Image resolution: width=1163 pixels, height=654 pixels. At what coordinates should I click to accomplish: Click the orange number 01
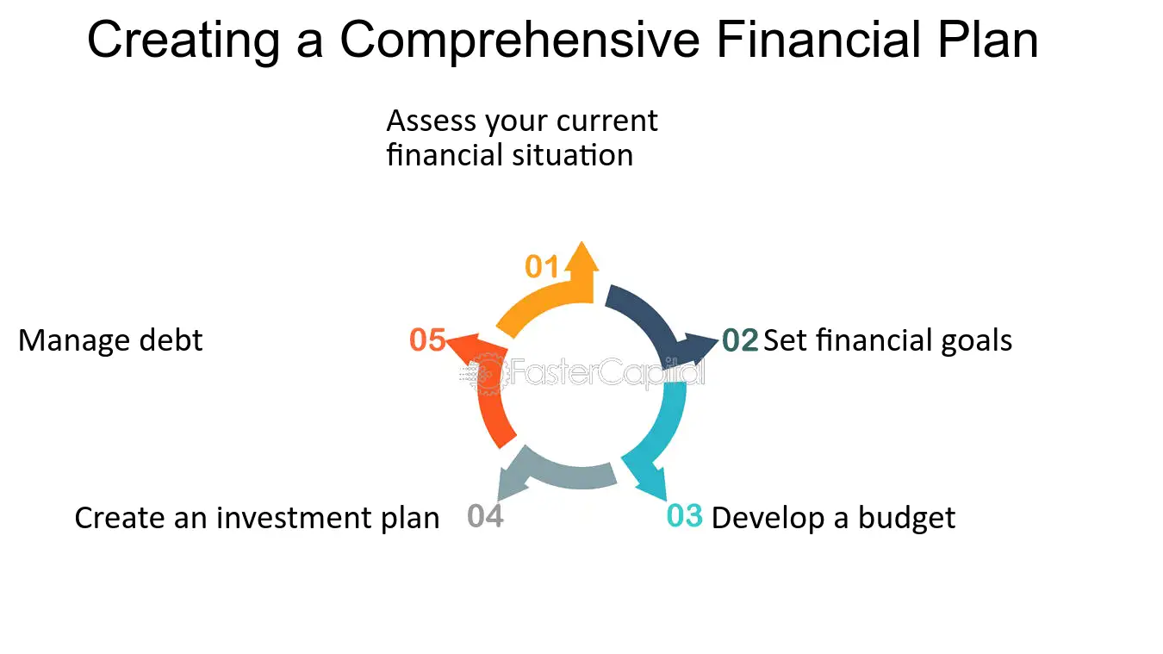click(541, 266)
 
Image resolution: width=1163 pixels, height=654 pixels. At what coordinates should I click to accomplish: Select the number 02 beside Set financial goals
click(740, 340)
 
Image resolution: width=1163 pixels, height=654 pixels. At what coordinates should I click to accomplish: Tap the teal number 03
click(684, 516)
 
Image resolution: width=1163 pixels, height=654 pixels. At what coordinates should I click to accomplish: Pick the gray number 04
click(485, 516)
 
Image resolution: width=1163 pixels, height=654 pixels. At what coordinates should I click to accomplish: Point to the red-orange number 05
click(427, 340)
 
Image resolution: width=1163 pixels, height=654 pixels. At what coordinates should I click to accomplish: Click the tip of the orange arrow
click(582, 241)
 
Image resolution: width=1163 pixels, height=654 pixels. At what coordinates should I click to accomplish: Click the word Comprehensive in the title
click(519, 40)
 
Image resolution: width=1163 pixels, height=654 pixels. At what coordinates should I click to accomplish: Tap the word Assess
click(431, 121)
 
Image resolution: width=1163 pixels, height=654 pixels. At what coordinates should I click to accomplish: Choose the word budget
click(906, 518)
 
